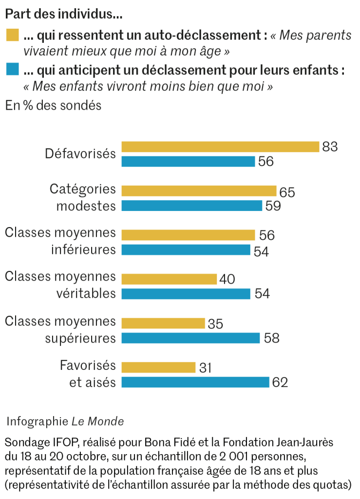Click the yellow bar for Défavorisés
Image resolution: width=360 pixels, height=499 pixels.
220,147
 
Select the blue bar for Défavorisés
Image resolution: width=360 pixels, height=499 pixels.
188,161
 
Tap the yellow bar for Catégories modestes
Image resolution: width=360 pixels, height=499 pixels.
199,191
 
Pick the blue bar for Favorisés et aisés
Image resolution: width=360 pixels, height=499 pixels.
195,382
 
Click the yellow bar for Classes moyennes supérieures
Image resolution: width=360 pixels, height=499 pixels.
163,323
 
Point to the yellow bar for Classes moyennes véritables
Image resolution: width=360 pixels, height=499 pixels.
169,279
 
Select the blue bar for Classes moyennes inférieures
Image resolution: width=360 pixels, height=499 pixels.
186,250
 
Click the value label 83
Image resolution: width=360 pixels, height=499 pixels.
330,147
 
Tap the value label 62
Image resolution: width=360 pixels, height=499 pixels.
280,383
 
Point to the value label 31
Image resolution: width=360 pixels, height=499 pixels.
206,367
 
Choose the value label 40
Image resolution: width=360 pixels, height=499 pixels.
227,279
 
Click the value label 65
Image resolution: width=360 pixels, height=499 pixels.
287,192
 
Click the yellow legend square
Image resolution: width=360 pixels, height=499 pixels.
12,35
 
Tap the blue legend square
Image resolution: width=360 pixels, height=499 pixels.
12,70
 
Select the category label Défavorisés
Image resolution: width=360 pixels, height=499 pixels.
80,154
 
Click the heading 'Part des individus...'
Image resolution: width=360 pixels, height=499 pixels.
63,14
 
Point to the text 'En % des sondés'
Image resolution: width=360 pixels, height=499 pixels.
53,105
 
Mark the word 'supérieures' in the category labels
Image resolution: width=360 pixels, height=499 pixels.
80,338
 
